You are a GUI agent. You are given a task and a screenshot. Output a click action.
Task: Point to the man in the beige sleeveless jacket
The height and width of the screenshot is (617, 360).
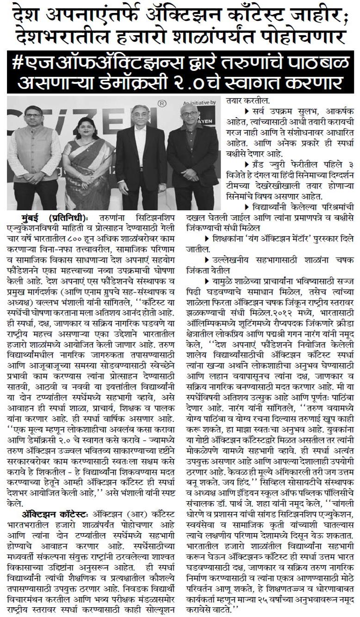point(35,153)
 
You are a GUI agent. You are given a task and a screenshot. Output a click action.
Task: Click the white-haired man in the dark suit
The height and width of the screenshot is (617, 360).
point(141,153)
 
